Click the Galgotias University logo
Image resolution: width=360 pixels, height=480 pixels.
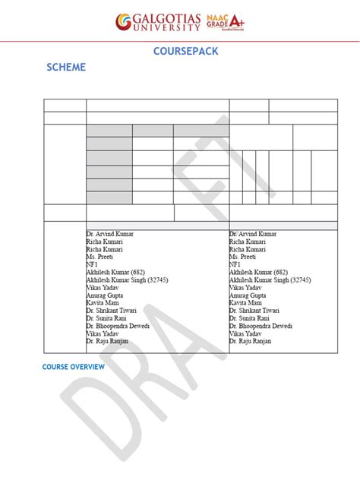point(157,23)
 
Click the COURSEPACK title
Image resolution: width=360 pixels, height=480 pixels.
point(180,52)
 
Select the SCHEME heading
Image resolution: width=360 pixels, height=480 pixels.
point(65,68)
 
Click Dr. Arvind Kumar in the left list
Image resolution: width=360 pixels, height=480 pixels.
point(110,234)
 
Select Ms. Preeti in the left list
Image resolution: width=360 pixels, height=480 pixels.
point(101,256)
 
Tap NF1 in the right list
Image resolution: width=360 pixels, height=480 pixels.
point(235,264)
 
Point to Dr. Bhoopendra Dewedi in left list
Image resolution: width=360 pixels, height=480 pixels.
point(118,326)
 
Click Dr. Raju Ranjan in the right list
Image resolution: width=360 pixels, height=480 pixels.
point(250,341)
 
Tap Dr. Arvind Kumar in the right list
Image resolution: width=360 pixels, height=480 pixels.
point(253,234)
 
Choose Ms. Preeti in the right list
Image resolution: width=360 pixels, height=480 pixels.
point(244,256)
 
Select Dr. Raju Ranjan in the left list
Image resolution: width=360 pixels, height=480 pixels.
point(107,341)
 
